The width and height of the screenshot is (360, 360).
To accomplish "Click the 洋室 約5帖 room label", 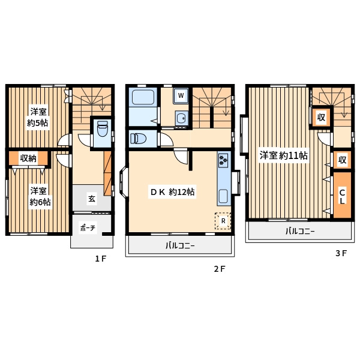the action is click(37, 118).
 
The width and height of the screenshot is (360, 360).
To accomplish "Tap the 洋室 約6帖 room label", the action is click(40, 196).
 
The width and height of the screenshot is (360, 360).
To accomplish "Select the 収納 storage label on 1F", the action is click(28, 158).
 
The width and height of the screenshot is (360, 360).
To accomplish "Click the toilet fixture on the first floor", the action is click(103, 129).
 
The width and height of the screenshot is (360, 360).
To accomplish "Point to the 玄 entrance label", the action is click(92, 199).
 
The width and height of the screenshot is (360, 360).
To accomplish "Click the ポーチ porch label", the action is click(88, 228).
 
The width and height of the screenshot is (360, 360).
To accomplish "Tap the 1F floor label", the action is click(101, 259).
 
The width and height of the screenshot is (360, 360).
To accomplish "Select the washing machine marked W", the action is click(181, 95).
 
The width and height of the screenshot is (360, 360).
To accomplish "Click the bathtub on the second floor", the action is click(143, 97).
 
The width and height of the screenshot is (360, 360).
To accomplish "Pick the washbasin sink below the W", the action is click(182, 118).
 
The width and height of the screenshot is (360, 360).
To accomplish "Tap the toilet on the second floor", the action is click(138, 139).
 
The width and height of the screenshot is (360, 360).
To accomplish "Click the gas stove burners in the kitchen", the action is click(223, 160).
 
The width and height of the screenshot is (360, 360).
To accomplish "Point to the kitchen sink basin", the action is click(223, 196).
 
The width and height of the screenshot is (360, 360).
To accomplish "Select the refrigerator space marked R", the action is click(223, 221).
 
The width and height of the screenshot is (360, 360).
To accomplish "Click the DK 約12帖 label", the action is click(172, 192).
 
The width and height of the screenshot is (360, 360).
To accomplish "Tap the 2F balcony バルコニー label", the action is click(180, 246).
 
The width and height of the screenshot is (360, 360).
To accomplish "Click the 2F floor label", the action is click(220, 269).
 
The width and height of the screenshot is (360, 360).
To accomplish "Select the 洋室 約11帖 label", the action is click(284, 155).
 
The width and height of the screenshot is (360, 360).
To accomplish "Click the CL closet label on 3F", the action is click(342, 196).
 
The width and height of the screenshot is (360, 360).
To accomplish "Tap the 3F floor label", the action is click(341, 253).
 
